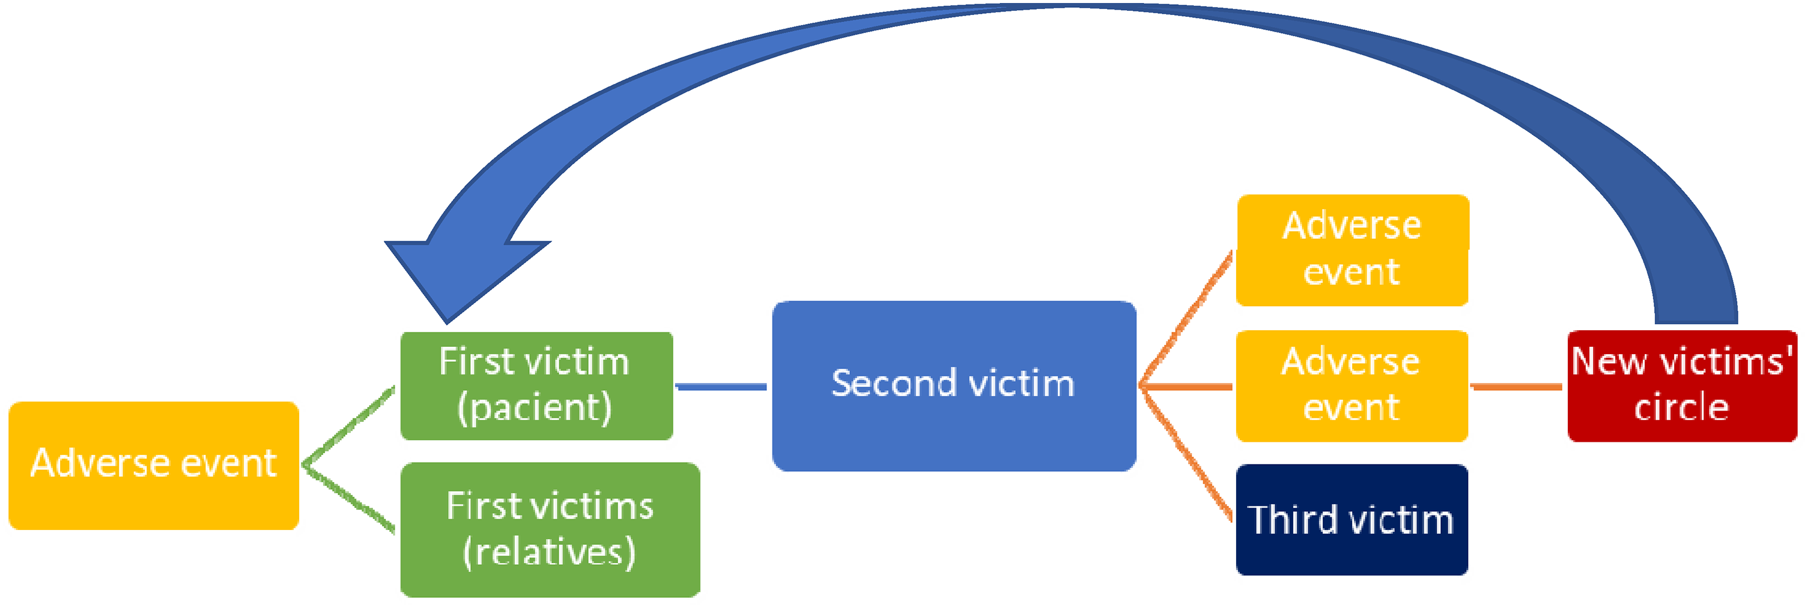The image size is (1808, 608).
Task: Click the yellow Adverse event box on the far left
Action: (154, 465)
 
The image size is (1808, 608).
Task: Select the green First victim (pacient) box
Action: (536, 386)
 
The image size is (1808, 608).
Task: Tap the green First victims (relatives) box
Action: (550, 529)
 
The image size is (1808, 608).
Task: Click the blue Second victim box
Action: (953, 386)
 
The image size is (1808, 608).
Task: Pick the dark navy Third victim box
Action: (1351, 520)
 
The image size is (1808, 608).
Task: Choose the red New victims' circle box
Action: (1682, 386)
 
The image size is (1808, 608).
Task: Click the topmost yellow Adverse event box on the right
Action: (1351, 250)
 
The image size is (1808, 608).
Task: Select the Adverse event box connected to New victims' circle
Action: (1351, 386)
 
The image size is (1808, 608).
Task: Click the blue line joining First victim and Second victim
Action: (721, 387)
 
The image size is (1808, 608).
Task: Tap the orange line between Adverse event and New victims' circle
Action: (1517, 387)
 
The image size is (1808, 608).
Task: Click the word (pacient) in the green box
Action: (535, 408)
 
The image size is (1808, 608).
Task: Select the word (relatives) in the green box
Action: (550, 552)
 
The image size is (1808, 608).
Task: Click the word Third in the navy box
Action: (1292, 520)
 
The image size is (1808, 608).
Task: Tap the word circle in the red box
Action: (1682, 408)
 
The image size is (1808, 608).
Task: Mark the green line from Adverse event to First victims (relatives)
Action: (350, 499)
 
